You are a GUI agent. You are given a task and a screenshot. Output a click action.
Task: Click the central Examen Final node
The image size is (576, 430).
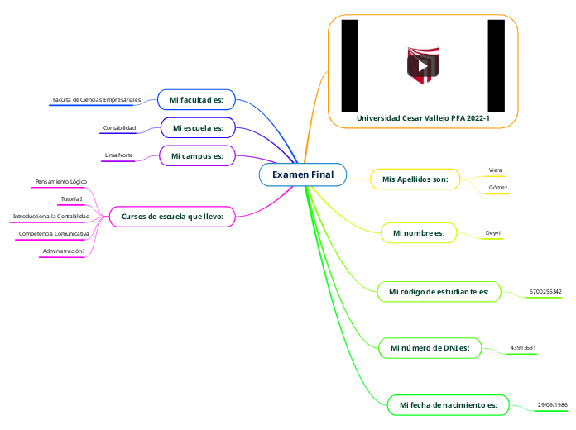coord(303,174)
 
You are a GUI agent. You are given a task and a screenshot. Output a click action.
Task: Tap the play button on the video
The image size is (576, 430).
coord(423,66)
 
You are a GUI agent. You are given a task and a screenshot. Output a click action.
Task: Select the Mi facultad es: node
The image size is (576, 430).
coord(196,100)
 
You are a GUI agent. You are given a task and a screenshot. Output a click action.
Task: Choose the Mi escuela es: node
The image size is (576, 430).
coord(198,128)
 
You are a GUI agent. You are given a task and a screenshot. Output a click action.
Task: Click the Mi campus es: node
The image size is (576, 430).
coord(197,155)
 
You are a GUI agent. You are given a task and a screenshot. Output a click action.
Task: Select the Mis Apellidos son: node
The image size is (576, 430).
coord(415,179)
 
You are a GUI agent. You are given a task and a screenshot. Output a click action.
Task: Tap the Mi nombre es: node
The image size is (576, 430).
coord(419,234)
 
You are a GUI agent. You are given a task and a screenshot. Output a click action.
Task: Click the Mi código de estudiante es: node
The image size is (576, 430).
coord(439,291)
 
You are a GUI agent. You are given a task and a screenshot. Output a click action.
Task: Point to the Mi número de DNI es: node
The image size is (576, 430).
coord(430,348)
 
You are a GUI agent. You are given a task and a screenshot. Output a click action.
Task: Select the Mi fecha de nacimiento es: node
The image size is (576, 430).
coord(448,404)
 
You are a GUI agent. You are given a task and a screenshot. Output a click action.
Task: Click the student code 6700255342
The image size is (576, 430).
coord(545,292)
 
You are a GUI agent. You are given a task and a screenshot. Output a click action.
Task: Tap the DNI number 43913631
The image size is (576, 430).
coord(523,348)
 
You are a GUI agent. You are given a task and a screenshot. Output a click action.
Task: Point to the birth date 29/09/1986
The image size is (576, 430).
coord(552,404)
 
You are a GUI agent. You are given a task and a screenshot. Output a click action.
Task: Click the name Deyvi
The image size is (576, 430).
coord(492,234)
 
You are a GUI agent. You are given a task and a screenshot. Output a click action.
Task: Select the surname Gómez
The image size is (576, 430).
coord(498,188)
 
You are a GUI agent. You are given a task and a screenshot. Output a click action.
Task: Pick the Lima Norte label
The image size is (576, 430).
coord(119,155)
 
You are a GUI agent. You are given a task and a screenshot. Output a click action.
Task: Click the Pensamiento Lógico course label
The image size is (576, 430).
coord(60,181)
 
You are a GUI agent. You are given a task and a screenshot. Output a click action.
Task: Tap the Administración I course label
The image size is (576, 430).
coord(64,251)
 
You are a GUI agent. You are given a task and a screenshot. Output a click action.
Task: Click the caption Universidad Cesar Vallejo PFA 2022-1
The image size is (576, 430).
coord(423,118)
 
